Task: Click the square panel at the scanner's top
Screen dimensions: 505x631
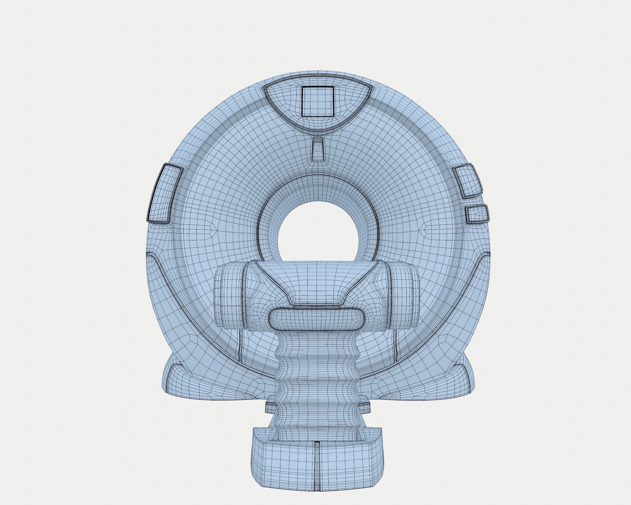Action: [318, 101]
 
